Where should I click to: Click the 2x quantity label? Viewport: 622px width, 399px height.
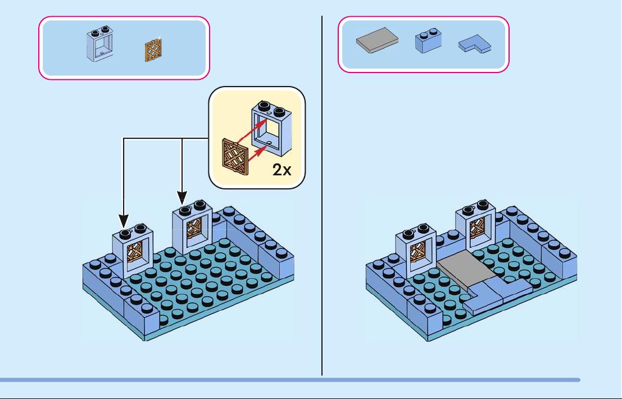[282, 170]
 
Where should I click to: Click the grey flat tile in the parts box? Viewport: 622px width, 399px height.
[377, 40]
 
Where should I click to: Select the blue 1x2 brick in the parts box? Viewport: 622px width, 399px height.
[428, 40]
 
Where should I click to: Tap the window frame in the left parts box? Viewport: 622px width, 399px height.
[100, 44]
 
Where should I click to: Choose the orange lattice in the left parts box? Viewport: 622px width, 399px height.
[153, 51]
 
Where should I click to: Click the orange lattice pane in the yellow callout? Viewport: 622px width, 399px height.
[235, 157]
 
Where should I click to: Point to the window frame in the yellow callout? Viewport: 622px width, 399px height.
[272, 128]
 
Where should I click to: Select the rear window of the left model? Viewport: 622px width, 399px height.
[193, 228]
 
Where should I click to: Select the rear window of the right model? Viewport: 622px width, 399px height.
[475, 228]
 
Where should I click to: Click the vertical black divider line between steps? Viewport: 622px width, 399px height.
[322, 196]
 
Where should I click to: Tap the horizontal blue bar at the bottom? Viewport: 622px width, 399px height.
[290, 380]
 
